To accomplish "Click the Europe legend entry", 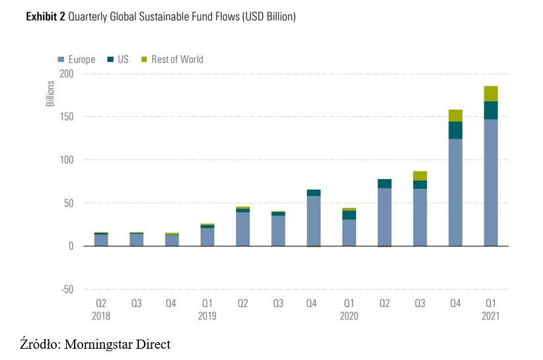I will click(x=77, y=59).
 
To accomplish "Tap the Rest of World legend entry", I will click(x=172, y=59).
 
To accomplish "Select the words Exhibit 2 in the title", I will click(x=46, y=17).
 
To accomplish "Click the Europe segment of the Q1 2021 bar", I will click(x=490, y=182).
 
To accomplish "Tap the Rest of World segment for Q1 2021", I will click(x=490, y=93).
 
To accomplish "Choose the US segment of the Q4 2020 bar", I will click(x=455, y=130).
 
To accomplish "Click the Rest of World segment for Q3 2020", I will click(x=420, y=176).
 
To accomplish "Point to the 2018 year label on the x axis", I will click(x=101, y=316).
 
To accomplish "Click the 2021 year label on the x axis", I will click(x=490, y=316).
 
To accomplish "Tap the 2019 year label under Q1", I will click(x=207, y=316).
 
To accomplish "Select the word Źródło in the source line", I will click(x=39, y=344).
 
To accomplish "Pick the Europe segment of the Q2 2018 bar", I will click(x=101, y=240).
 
